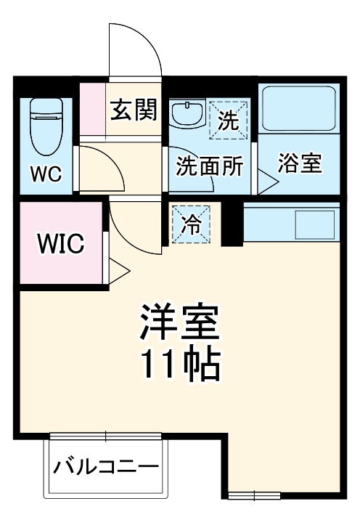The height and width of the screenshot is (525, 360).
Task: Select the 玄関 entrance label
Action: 134,110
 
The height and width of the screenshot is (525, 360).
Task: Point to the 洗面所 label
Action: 210,166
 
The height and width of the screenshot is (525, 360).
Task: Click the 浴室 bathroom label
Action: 300,163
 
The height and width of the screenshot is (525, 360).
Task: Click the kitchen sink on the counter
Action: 314,224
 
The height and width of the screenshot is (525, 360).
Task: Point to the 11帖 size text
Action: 179,367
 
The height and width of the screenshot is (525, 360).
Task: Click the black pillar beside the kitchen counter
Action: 232,223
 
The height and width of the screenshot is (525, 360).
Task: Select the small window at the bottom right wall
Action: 254,495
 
